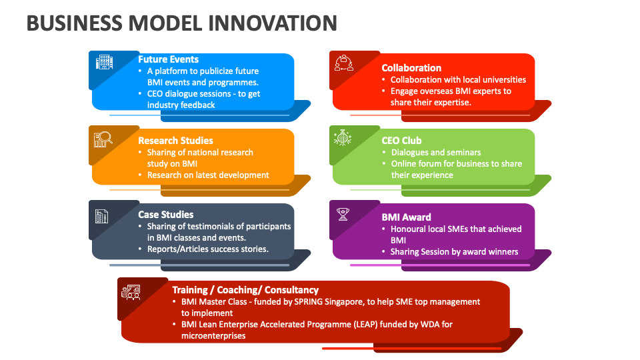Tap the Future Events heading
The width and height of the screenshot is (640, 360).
pyautogui.click(x=168, y=59)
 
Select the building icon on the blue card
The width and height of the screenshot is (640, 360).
pyautogui.click(x=104, y=63)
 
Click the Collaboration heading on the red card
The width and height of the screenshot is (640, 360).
pyautogui.click(x=411, y=68)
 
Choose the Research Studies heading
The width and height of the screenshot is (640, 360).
pyautogui.click(x=175, y=141)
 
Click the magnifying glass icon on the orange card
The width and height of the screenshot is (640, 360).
pyautogui.click(x=104, y=139)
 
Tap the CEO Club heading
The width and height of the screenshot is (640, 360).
pyautogui.click(x=401, y=141)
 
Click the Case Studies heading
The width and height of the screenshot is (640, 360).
pyautogui.click(x=165, y=215)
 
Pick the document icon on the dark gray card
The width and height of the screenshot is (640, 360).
pyautogui.click(x=102, y=216)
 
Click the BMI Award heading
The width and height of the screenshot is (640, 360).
pyautogui.click(x=406, y=217)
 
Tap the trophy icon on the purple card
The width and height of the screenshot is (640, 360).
pyautogui.click(x=344, y=214)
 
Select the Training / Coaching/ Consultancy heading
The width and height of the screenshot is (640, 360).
pyautogui.click(x=245, y=290)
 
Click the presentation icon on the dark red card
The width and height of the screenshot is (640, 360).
pyautogui.click(x=131, y=291)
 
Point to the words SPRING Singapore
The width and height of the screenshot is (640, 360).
pyautogui.click(x=309, y=302)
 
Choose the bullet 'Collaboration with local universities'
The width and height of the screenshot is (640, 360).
pyautogui.click(x=458, y=80)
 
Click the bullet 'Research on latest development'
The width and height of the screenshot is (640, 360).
pyautogui.click(x=208, y=175)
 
